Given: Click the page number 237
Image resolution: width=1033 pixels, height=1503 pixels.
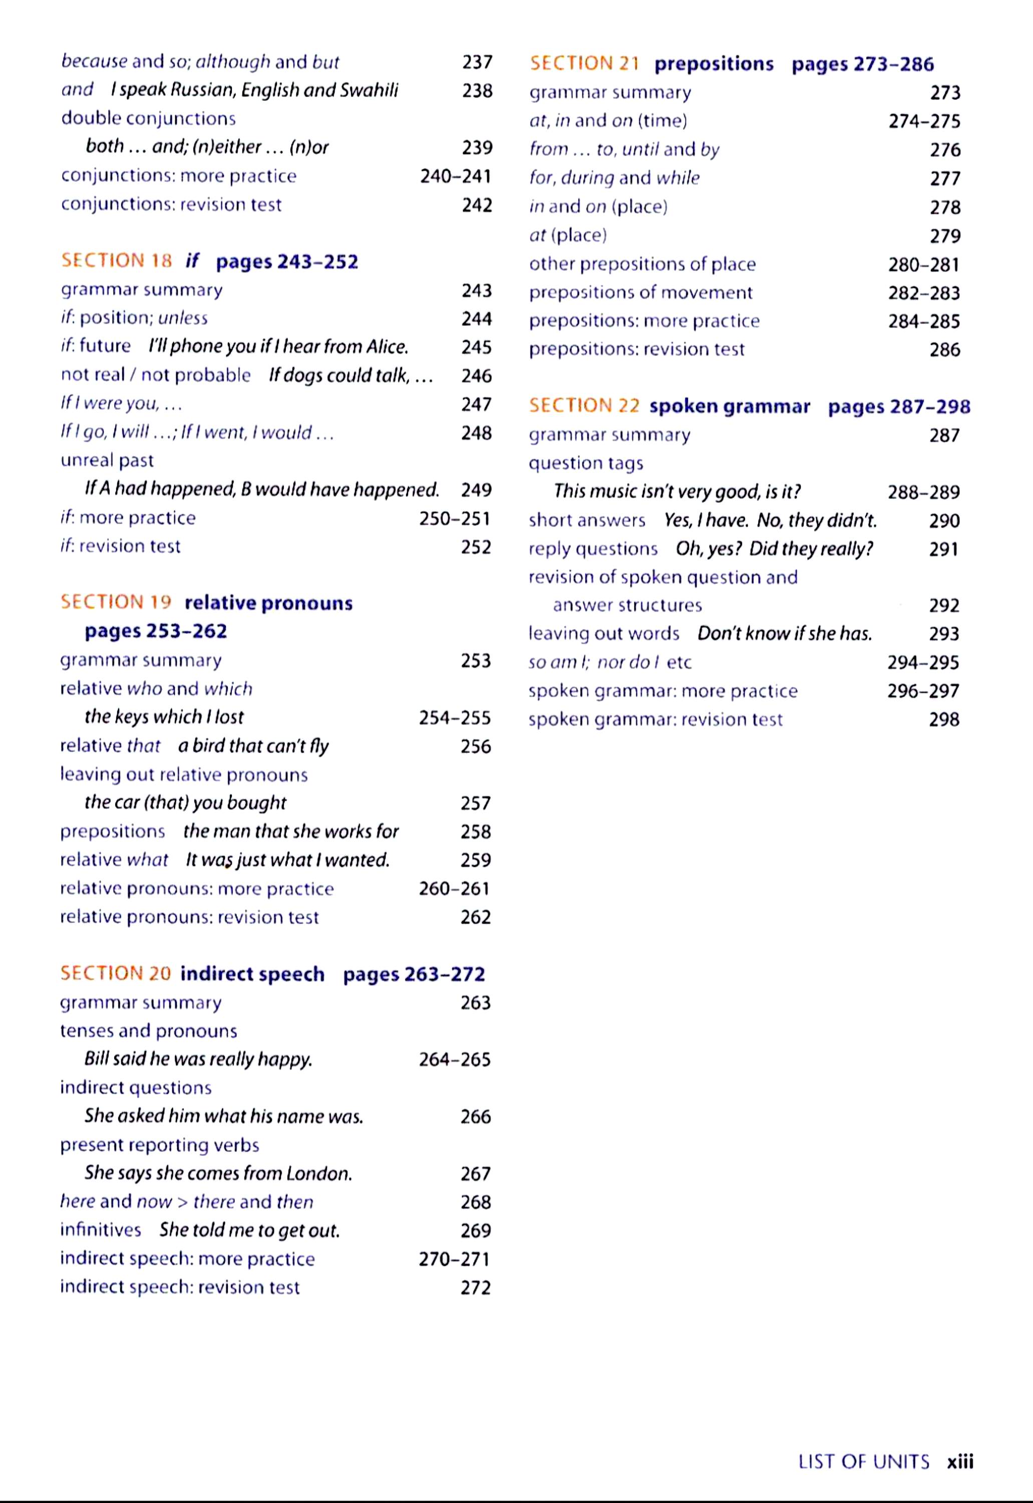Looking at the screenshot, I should coord(477,62).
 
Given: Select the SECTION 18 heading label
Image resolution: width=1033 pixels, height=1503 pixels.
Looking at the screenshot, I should coord(117,261).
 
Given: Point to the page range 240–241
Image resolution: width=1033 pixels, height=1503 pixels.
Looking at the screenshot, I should coord(456,176).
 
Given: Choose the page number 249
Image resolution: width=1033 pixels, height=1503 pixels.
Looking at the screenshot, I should coord(476,490).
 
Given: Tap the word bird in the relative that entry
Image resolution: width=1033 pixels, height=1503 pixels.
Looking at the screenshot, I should coord(207,746).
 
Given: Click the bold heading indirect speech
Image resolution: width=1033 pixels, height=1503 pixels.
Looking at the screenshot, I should coord(252,974).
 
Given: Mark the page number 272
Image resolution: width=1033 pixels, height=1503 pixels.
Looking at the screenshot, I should coord(476,1288).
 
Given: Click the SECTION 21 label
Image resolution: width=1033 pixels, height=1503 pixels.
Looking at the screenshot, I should coord(584,64).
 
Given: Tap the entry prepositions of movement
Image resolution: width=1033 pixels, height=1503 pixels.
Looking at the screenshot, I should coord(641,293).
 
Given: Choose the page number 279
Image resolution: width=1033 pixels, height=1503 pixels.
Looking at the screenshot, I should coord(945,235).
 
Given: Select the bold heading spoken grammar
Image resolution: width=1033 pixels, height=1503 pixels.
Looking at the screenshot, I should coord(730,407).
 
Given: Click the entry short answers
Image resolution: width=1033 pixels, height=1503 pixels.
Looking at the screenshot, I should coord(587,521).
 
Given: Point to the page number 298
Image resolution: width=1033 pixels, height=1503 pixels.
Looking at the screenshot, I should coord(944,719).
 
